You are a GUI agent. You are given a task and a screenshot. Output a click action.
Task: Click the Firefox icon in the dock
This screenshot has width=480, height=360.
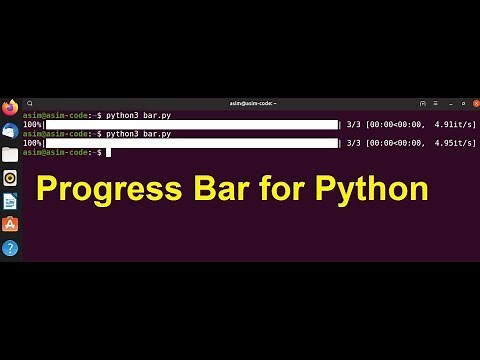[x=10, y=107]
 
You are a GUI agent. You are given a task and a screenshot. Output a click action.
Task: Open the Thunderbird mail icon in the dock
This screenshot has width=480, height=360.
[x=10, y=131]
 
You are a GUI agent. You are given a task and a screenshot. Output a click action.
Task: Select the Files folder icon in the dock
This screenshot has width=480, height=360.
[x=10, y=154]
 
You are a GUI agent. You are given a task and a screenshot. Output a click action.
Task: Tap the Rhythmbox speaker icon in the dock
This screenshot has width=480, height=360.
[x=10, y=178]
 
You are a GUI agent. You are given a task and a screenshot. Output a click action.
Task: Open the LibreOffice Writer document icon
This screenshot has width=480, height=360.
[x=10, y=201]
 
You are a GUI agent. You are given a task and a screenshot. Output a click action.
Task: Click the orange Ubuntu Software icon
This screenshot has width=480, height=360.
[x=10, y=224]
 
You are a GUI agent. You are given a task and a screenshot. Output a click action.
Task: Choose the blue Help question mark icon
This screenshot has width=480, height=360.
[x=10, y=247]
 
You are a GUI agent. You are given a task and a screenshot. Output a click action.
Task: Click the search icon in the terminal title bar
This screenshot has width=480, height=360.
[x=30, y=102]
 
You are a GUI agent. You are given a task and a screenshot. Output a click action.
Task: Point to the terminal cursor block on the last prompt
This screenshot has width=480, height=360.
[x=108, y=152]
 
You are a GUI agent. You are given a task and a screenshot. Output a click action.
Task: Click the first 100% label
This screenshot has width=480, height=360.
[x=33, y=125]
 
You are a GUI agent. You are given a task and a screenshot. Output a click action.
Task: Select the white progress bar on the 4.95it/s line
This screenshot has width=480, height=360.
[x=191, y=143]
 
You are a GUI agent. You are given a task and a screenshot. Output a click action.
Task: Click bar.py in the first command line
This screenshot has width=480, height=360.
[x=157, y=115]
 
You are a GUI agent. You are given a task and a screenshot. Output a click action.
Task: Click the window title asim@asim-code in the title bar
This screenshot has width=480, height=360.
[x=251, y=102]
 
